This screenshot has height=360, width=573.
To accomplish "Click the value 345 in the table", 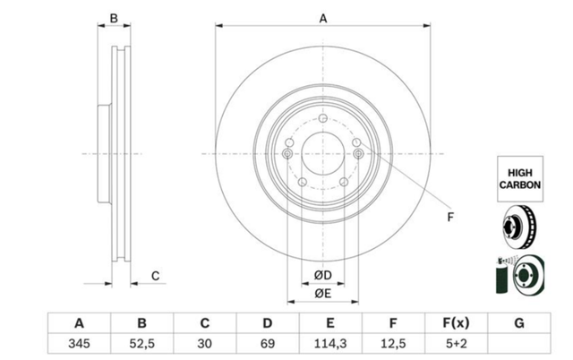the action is point(79,344).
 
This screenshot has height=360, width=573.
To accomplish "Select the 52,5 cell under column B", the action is point(141,344).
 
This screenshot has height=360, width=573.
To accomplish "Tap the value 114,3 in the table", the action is point(330,344).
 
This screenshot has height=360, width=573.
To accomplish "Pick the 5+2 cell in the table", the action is point(456,344).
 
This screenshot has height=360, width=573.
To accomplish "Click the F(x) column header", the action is point(456,323).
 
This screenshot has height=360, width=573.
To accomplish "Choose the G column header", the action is point(519,323).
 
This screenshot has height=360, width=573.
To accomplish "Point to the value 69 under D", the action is point(268,344).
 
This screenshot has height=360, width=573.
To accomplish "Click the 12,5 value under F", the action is point(393,344).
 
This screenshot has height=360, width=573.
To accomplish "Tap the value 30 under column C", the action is point(205,344).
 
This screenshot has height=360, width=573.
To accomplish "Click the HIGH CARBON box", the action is point(520,179).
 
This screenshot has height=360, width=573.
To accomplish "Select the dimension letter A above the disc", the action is point(323,18).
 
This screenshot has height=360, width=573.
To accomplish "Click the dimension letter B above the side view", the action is point(114,18).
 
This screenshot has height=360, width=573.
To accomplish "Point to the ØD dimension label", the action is point(322,275).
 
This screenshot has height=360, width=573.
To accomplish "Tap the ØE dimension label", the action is point(322,294).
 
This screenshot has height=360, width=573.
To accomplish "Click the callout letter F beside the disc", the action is point(450,217).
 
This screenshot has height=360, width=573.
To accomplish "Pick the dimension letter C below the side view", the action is point(155,276).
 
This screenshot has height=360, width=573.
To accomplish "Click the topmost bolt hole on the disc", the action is point(322,118).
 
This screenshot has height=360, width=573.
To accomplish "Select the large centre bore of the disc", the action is point(323,153).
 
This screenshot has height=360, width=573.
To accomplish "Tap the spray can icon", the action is point(502,276).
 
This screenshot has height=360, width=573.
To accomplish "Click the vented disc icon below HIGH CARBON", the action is point(519,227).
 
